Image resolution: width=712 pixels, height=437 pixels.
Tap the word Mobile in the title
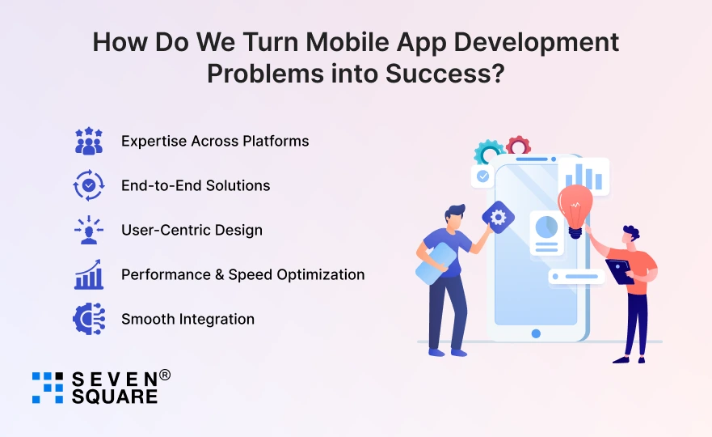(348, 42)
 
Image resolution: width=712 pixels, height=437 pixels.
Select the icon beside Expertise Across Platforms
(89, 141)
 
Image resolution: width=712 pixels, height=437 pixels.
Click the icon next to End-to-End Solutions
(89, 185)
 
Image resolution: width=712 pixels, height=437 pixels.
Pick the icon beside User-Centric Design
(89, 230)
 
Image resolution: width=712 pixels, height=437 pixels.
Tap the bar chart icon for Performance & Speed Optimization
(89, 274)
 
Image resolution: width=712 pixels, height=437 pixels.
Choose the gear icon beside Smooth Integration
(89, 319)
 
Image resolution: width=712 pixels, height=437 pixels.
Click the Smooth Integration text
(187, 319)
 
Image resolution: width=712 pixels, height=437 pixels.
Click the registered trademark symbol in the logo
(166, 375)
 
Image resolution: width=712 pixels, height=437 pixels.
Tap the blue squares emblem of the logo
(48, 388)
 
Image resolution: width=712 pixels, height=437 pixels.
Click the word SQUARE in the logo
(115, 397)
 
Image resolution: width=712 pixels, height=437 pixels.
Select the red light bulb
(575, 210)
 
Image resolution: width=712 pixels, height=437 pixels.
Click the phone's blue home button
(536, 333)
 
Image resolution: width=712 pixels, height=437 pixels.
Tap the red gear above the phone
(519, 145)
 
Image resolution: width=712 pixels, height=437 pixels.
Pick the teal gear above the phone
(487, 152)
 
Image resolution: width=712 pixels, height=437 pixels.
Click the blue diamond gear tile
(498, 218)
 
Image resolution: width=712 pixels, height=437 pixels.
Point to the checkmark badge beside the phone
(482, 176)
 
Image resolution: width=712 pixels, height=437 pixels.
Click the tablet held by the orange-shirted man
(620, 271)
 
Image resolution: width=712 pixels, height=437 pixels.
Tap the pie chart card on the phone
(546, 233)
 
